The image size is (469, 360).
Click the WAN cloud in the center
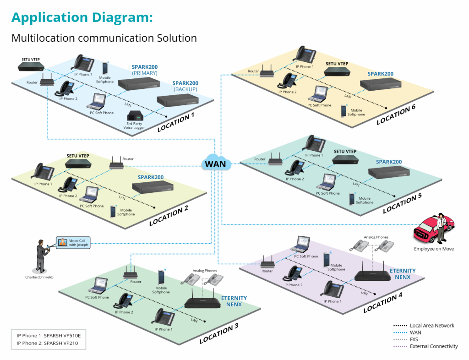(216, 164)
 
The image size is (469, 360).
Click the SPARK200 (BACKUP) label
(185, 86)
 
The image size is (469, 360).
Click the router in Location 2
(116, 164)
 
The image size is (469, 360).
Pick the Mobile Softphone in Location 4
(327, 260)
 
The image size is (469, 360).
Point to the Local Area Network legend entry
(431, 326)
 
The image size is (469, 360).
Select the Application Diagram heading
(82, 17)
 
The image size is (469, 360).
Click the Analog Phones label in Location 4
(376, 237)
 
